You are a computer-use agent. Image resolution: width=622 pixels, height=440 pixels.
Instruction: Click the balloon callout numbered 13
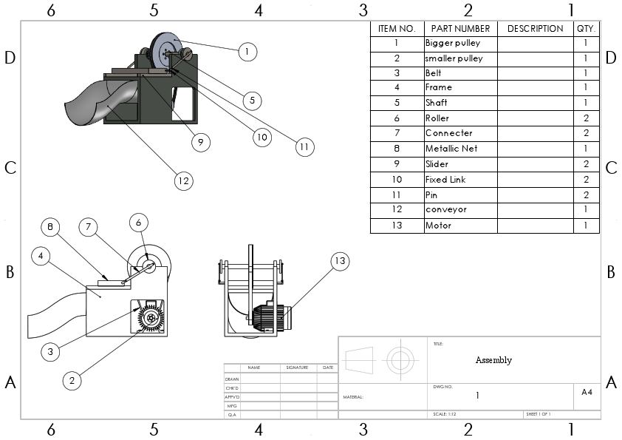(x=339, y=260)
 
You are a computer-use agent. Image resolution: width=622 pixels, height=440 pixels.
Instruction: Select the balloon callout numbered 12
(x=183, y=180)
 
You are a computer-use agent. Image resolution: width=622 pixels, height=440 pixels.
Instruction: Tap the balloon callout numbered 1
(x=248, y=51)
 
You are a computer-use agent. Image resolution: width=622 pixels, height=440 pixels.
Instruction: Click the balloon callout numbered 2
(x=72, y=381)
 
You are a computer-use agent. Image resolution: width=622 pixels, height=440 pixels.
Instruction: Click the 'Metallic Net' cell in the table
(x=460, y=149)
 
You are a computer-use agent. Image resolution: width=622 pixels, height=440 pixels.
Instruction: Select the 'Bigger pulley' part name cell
(x=460, y=43)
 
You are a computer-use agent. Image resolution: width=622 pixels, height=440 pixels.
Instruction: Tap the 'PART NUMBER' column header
(x=460, y=28)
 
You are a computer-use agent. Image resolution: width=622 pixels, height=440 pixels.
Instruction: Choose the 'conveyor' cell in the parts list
(x=460, y=210)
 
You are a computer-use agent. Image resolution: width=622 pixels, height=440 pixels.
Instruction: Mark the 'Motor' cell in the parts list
(x=460, y=226)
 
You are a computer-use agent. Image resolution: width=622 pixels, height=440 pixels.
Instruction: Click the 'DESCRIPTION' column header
(x=535, y=28)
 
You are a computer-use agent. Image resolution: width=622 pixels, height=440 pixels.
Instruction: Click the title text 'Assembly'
(x=493, y=360)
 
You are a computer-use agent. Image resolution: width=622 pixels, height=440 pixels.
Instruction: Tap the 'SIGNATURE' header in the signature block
(x=296, y=367)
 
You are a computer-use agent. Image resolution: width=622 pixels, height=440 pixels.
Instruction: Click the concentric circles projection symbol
(x=400, y=361)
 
